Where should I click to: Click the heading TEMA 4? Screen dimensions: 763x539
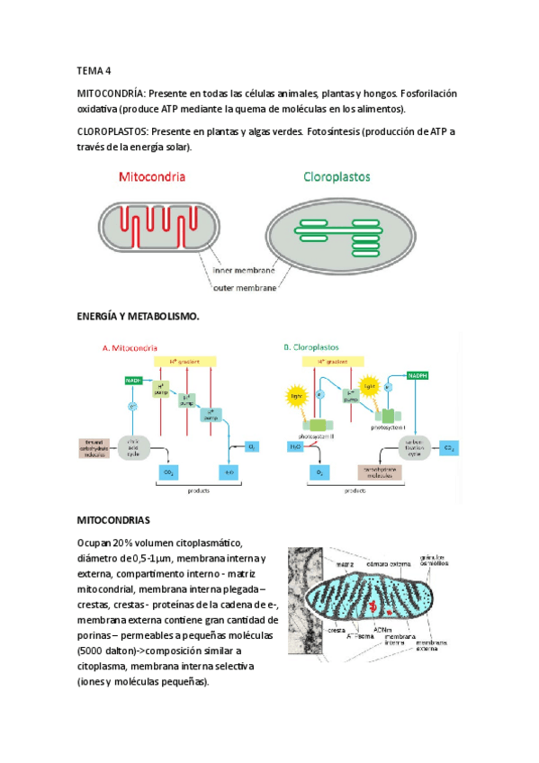point(94,69)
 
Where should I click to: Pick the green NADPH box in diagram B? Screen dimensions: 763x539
point(418,374)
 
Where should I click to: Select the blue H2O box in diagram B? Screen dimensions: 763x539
point(297,446)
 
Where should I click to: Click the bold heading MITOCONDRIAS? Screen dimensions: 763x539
point(113,520)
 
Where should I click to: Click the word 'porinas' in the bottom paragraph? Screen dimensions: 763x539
point(98,636)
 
